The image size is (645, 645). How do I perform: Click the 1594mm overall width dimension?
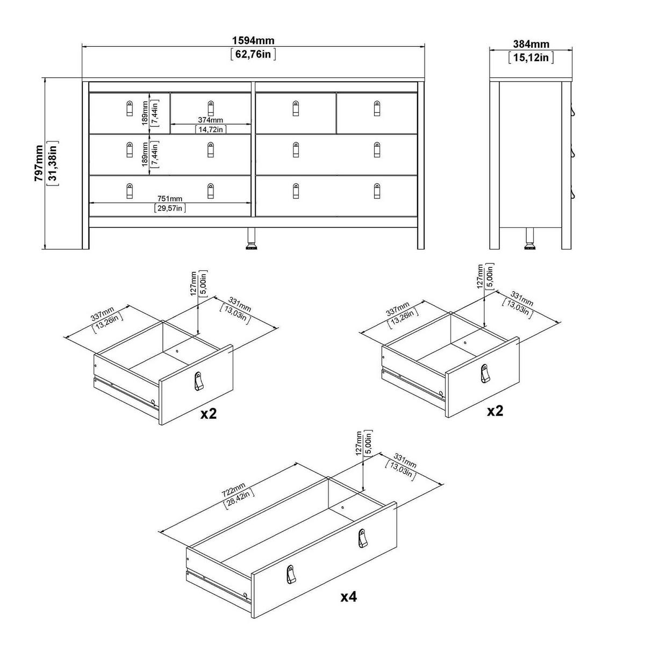[253, 40]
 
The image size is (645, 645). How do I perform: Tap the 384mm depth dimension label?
[531, 44]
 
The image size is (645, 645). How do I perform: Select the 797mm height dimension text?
[39, 163]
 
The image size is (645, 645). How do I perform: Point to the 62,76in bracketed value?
[253, 54]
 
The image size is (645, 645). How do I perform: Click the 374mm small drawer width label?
[211, 120]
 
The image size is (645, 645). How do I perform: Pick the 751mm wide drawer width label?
[170, 199]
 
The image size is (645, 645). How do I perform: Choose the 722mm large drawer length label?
[234, 490]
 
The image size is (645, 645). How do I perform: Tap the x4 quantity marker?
[349, 597]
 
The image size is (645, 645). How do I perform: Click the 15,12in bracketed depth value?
[531, 57]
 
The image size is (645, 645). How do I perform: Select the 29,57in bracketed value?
[170, 208]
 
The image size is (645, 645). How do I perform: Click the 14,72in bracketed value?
[211, 129]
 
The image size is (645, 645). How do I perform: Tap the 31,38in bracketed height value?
[53, 163]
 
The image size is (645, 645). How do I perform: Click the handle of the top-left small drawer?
[130, 109]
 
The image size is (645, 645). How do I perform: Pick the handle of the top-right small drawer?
[377, 109]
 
